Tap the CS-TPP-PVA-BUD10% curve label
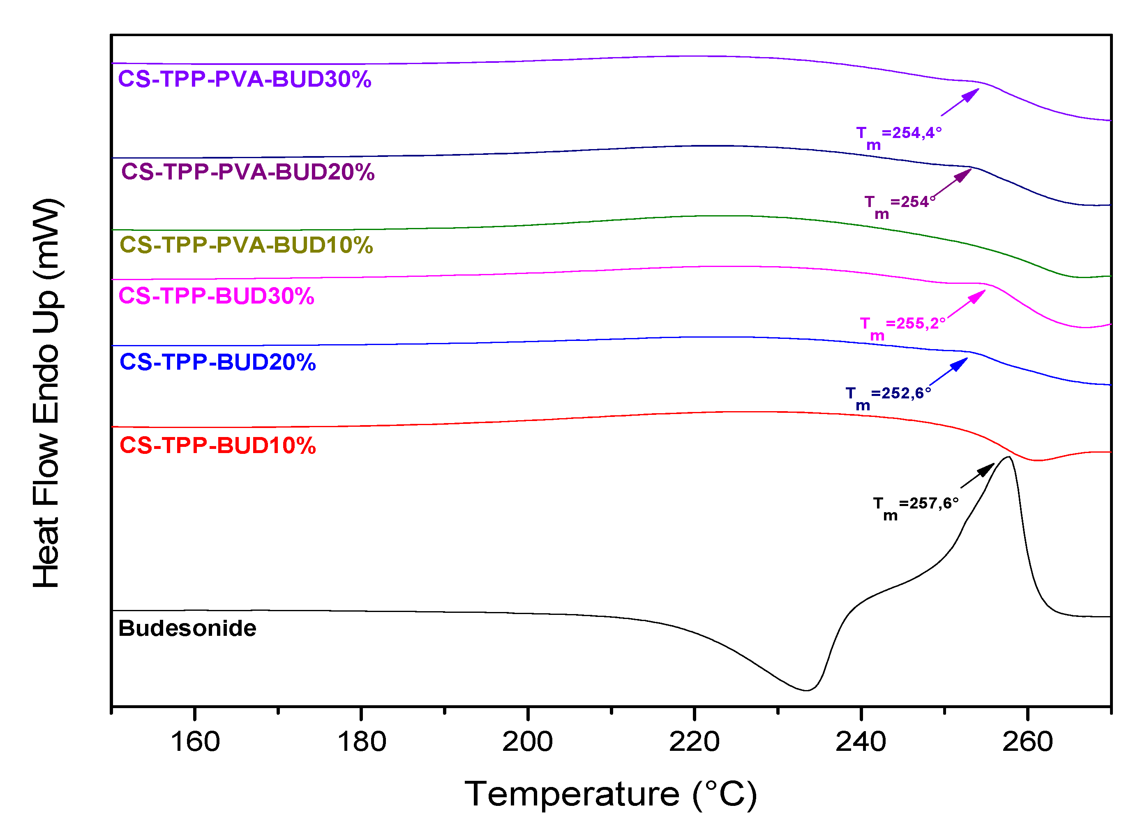coord(246,245)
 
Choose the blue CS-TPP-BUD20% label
coord(217,362)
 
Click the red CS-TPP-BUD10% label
coord(217,446)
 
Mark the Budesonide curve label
coord(187,628)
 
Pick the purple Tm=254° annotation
coord(899,206)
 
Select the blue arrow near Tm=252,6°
coord(948,372)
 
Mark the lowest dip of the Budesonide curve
coord(806,690)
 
